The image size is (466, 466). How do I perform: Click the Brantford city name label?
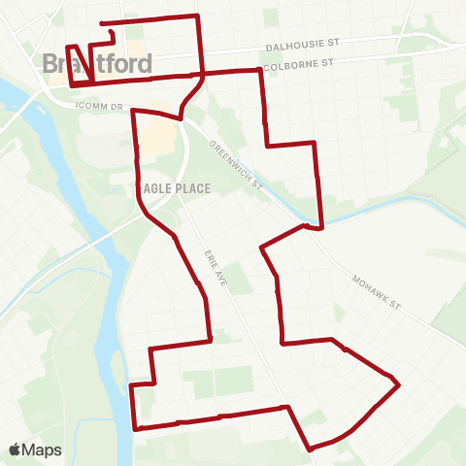tap(97, 64)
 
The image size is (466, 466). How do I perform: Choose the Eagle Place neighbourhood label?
tap(175, 188)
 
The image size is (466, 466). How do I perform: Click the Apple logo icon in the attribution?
tap(16, 449)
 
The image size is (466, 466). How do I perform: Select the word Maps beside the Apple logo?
tap(43, 449)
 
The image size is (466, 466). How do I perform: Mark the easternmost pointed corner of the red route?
tap(399, 384)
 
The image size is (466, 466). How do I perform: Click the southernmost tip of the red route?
tap(311, 449)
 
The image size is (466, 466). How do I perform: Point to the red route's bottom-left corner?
tap(135, 428)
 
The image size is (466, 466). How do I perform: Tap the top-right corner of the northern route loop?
tap(198, 17)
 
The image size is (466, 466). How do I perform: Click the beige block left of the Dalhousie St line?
tap(136, 50)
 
